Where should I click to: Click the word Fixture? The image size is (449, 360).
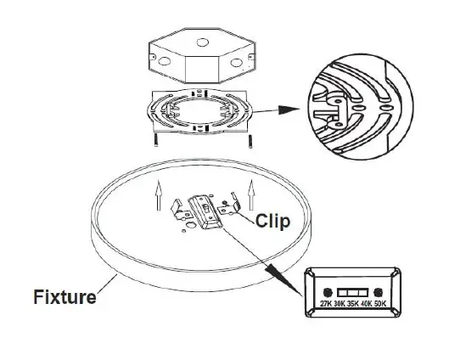point(65,297)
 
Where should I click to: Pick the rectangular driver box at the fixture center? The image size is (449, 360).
point(206,211)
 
